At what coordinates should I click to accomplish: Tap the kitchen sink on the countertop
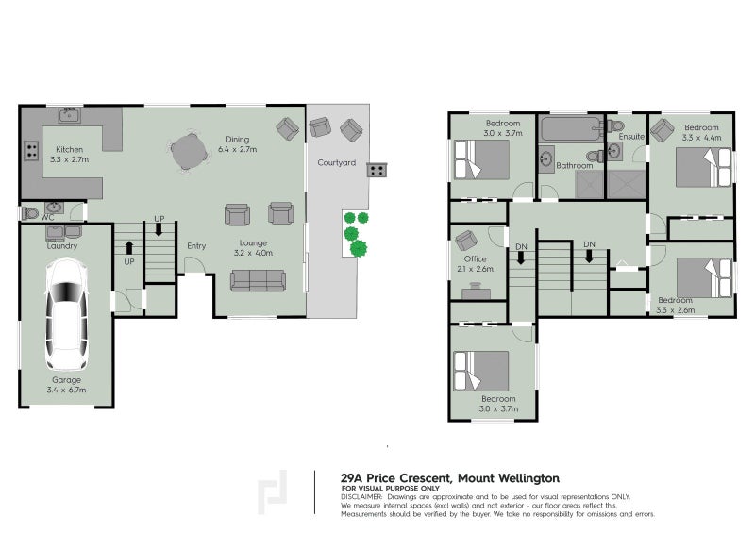(68, 116)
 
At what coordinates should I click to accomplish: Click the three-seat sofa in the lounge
(258, 279)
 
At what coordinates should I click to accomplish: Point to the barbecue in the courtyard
(377, 171)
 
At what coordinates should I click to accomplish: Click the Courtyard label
(336, 163)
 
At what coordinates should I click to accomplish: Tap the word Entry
(196, 246)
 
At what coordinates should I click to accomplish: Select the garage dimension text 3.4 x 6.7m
(65, 388)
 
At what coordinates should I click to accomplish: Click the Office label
(475, 258)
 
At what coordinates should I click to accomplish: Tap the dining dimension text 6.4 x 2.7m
(237, 149)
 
